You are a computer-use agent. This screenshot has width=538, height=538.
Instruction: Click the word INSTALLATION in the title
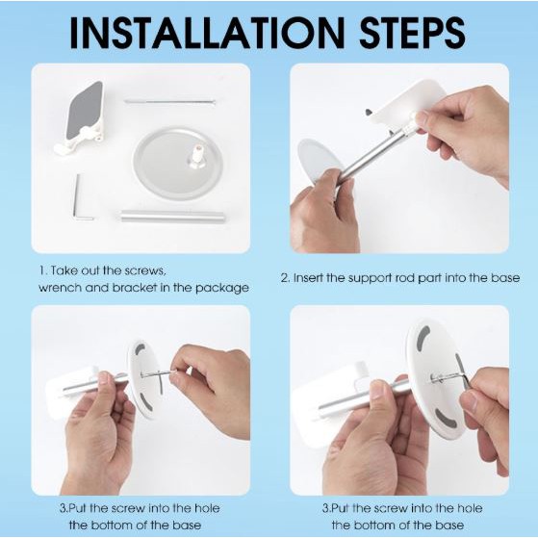tap(207, 33)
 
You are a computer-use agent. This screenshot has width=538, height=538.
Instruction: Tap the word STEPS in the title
tap(413, 33)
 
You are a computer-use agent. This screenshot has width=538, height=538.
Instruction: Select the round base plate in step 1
tap(178, 163)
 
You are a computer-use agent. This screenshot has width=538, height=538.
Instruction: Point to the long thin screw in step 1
tap(169, 102)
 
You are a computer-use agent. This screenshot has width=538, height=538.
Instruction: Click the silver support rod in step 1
tap(172, 217)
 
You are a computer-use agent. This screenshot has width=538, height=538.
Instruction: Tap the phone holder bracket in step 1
tap(81, 117)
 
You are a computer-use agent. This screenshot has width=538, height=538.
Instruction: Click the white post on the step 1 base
tap(196, 156)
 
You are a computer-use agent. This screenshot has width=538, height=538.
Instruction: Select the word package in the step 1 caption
tap(222, 288)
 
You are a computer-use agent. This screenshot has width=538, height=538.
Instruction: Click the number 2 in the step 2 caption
tap(285, 277)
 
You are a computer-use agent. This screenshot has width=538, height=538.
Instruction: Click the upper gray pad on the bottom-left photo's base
tap(140, 349)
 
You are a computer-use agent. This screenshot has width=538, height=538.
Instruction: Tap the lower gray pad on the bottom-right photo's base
tap(446, 419)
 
